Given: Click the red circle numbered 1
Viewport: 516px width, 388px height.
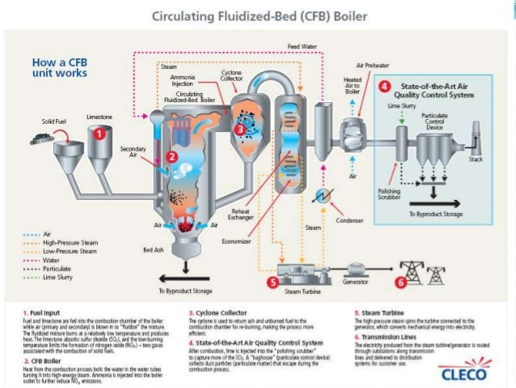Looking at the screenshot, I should (x=99, y=130).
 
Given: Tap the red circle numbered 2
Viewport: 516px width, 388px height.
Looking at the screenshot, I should (x=171, y=156).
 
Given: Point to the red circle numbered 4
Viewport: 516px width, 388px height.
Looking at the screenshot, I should (x=386, y=85).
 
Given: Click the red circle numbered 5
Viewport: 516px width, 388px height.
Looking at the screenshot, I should (x=273, y=282).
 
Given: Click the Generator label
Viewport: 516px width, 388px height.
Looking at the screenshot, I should (x=361, y=283).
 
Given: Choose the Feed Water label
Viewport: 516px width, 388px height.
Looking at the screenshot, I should (x=302, y=47).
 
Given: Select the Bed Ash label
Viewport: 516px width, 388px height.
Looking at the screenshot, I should (x=154, y=249).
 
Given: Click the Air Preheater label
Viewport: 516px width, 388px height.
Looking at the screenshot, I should (x=372, y=64).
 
